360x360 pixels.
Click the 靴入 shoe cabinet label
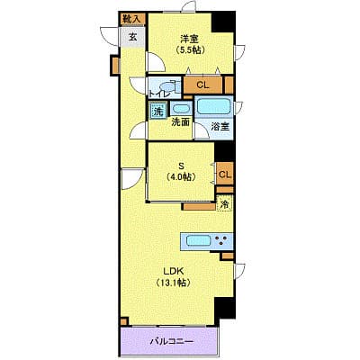pos(131,18)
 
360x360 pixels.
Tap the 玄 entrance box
pos(132,37)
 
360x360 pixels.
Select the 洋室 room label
pos(188,38)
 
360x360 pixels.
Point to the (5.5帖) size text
pos(188,50)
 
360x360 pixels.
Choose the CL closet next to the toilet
pos(202,85)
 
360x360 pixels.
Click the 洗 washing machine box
pos(157,112)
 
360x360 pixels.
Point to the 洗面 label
pos(180,122)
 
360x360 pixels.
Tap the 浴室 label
pos(220,127)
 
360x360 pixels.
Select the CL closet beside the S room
pos(224,175)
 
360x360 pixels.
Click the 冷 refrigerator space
pos(224,204)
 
